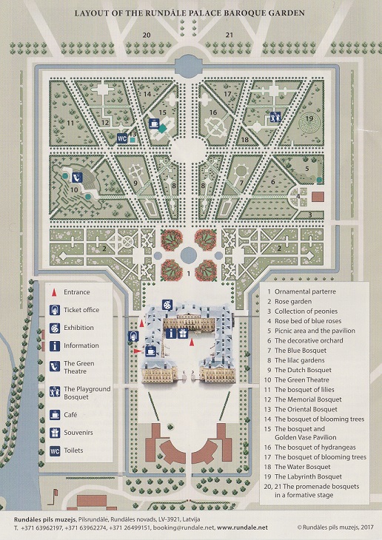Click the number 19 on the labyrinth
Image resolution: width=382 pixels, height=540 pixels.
pyautogui.click(x=309, y=118)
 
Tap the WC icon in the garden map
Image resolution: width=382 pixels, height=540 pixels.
pyautogui.click(x=122, y=138)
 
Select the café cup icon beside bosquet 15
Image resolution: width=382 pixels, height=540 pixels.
pyautogui.click(x=154, y=124)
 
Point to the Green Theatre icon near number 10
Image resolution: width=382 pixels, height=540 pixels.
pyautogui.click(x=76, y=177)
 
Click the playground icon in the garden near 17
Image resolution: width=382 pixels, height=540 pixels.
pyautogui.click(x=275, y=117)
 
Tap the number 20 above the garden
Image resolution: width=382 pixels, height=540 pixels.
pyautogui.click(x=147, y=35)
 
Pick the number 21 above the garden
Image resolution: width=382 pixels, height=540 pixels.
pyautogui.click(x=229, y=35)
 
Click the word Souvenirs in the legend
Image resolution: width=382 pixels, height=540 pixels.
pyautogui.click(x=78, y=433)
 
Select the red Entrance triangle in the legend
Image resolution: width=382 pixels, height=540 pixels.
pyautogui.click(x=54, y=292)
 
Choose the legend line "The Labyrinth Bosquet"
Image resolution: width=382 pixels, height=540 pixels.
pyautogui.click(x=308, y=476)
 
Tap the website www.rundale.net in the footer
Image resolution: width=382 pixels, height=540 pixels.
pyautogui.click(x=242, y=527)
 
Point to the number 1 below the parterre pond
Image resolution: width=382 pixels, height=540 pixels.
pyautogui.click(x=189, y=274)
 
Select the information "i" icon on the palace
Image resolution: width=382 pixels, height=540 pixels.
pyautogui.click(x=171, y=334)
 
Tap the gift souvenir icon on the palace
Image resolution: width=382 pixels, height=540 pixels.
pyautogui.click(x=183, y=334)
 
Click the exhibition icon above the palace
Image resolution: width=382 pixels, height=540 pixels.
pyautogui.click(x=167, y=305)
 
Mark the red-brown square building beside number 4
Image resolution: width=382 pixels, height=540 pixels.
pyautogui.click(x=318, y=197)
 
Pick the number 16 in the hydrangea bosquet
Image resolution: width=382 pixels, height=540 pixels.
pyautogui.click(x=213, y=112)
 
